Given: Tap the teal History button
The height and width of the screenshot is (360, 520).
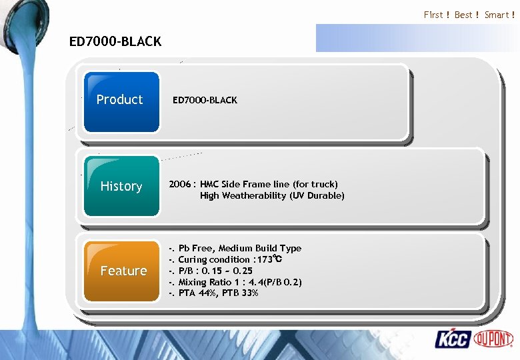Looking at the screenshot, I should (x=121, y=186).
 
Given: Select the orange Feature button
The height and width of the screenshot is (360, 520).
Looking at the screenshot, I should (x=123, y=271).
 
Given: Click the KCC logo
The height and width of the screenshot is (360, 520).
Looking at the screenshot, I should (x=453, y=339).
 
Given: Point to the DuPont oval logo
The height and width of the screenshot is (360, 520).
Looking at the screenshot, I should (x=493, y=339).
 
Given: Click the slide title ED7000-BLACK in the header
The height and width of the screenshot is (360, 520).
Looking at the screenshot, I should (x=115, y=41).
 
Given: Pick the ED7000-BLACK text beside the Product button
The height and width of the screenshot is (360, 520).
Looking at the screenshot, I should (x=205, y=100).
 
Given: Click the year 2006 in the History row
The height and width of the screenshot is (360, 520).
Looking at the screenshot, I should (x=181, y=184).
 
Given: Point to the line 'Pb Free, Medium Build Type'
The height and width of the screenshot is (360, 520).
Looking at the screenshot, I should (x=240, y=248).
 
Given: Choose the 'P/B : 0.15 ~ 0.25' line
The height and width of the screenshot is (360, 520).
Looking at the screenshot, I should (x=215, y=271).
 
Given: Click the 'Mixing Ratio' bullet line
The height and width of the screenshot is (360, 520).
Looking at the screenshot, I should (x=240, y=282).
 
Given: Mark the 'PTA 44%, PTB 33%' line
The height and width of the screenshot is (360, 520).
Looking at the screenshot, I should (x=218, y=293).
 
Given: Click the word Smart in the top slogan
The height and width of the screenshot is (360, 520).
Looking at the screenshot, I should (x=497, y=15).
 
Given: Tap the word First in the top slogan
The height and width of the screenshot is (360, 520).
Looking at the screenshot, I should (x=433, y=15).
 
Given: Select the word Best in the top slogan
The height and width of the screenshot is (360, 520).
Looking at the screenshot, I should (x=463, y=15).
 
